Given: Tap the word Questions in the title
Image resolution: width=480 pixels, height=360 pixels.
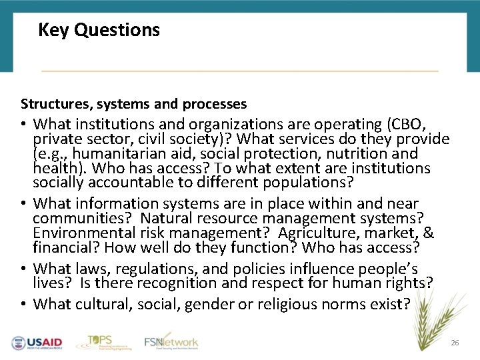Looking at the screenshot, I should point(117,31).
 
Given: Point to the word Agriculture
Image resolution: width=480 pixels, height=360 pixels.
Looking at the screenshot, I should point(315,233).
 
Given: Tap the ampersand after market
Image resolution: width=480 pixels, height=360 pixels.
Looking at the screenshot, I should point(429,233).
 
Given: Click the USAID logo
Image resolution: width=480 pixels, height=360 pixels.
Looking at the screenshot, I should point(37,343).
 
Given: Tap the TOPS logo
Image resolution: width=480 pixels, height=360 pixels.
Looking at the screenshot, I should point(100,341).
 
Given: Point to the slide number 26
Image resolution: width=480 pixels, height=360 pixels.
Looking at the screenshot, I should point(455,343).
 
